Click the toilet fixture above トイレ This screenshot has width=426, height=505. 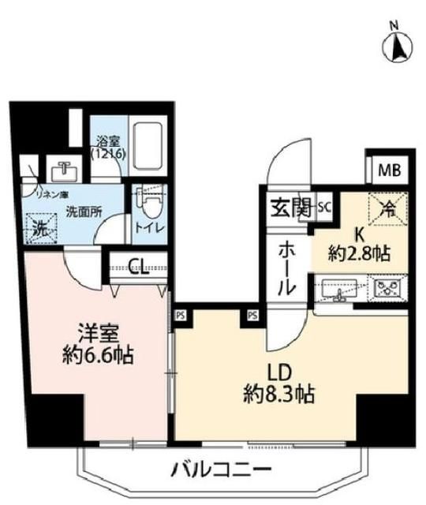147,202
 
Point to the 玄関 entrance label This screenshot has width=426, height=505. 290,208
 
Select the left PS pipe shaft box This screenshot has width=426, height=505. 180,314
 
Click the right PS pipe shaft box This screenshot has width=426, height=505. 252,314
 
